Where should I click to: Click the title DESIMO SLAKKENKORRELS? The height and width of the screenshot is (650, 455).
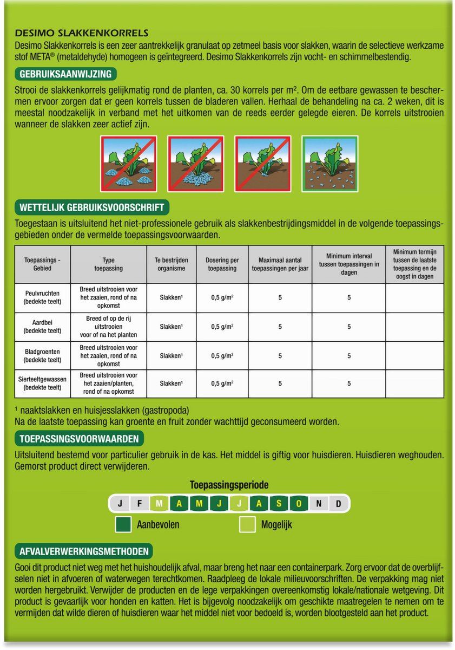click(82, 33)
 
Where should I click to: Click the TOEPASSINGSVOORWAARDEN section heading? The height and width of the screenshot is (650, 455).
click(79, 438)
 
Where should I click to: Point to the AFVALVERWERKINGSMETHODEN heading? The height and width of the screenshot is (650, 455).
click(84, 551)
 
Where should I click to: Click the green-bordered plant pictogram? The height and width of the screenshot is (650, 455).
click(329, 163)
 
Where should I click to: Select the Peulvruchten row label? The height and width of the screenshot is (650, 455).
click(43, 297)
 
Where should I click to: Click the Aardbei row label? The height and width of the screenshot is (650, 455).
click(43, 327)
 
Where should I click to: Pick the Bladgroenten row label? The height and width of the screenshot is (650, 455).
click(43, 355)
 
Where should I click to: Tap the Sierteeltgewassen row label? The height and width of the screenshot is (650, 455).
click(43, 383)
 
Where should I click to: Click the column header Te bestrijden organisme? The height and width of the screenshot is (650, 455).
click(172, 264)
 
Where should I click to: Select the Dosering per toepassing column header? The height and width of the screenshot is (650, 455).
click(222, 264)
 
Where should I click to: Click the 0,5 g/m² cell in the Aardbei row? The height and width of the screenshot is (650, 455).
click(222, 327)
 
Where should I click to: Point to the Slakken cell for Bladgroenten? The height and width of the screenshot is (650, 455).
click(172, 356)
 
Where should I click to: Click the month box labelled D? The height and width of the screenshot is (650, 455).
click(339, 504)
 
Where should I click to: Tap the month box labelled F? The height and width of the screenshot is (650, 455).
click(140, 504)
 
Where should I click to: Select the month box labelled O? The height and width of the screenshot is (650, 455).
click(299, 504)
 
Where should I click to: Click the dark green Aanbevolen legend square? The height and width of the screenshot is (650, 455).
click(123, 524)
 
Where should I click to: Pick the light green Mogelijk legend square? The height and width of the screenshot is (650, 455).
click(248, 524)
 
